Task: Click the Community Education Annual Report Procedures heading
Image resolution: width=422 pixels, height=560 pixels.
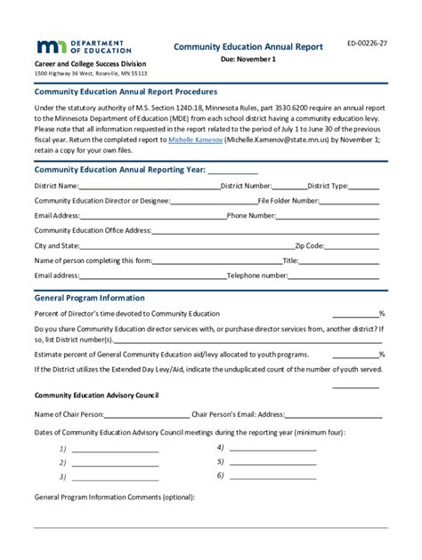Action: [x=126, y=92]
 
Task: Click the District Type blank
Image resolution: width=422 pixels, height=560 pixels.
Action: [x=364, y=187]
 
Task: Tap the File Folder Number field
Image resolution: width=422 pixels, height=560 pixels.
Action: [x=351, y=201]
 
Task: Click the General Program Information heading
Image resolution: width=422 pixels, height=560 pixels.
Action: [x=89, y=298]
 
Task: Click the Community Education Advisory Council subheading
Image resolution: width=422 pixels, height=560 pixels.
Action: [x=96, y=394]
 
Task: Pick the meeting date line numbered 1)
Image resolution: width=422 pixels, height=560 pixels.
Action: [x=115, y=449]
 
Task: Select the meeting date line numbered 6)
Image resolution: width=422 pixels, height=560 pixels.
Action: [x=272, y=476]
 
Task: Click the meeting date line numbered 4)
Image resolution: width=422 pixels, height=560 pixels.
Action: [x=272, y=449]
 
